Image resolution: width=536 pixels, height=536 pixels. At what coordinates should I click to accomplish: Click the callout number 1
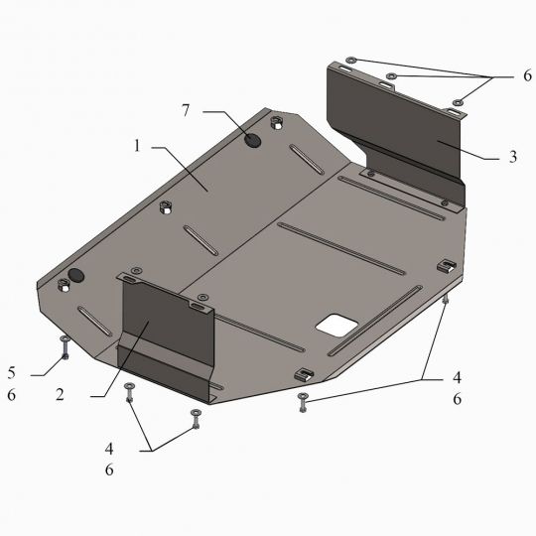(137, 146)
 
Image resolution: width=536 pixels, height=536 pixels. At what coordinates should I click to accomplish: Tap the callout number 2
(61, 394)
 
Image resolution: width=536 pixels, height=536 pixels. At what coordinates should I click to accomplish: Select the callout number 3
(513, 157)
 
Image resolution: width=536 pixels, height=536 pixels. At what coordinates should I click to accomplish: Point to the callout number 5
(12, 372)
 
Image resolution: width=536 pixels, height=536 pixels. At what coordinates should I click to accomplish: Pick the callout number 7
(186, 110)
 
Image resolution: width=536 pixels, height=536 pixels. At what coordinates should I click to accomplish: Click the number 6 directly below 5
(12, 395)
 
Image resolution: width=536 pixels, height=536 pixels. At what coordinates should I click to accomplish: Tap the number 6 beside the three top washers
(527, 75)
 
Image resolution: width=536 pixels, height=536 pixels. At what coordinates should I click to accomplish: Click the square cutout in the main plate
(336, 324)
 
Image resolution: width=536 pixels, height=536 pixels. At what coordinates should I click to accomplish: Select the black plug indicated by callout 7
(253, 140)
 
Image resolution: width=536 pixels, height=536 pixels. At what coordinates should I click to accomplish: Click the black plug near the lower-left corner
(75, 275)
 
